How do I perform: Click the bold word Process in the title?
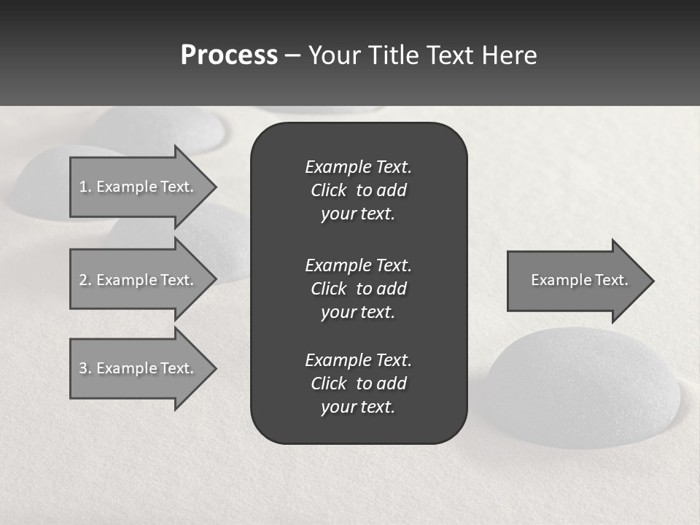point(229,55)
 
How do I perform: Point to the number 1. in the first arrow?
point(85,187)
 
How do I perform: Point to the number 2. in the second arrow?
point(85,280)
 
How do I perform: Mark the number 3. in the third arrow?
point(85,368)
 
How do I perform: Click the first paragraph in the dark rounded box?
point(358,190)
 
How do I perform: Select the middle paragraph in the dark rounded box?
point(358,289)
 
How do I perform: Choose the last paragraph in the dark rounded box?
point(358,384)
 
